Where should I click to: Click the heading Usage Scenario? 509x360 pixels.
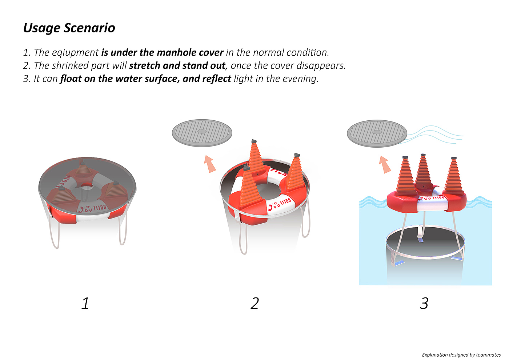click(69, 28)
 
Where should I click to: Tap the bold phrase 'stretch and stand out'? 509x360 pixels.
click(177, 65)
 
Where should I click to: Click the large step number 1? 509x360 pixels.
click(85, 303)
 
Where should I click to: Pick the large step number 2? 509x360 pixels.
click(254, 303)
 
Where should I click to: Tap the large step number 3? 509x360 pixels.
click(424, 303)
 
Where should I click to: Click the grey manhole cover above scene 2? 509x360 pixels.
click(202, 133)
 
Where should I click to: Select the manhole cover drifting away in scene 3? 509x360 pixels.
click(377, 134)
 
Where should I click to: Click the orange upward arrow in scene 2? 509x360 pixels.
click(210, 164)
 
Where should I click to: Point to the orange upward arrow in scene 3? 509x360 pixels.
click(385, 164)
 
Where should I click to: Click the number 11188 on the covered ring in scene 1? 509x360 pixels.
click(100, 208)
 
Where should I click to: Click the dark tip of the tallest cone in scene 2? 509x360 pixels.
click(254, 141)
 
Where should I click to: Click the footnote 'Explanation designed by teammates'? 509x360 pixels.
click(461, 355)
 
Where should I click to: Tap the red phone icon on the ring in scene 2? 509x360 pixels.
click(270, 208)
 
